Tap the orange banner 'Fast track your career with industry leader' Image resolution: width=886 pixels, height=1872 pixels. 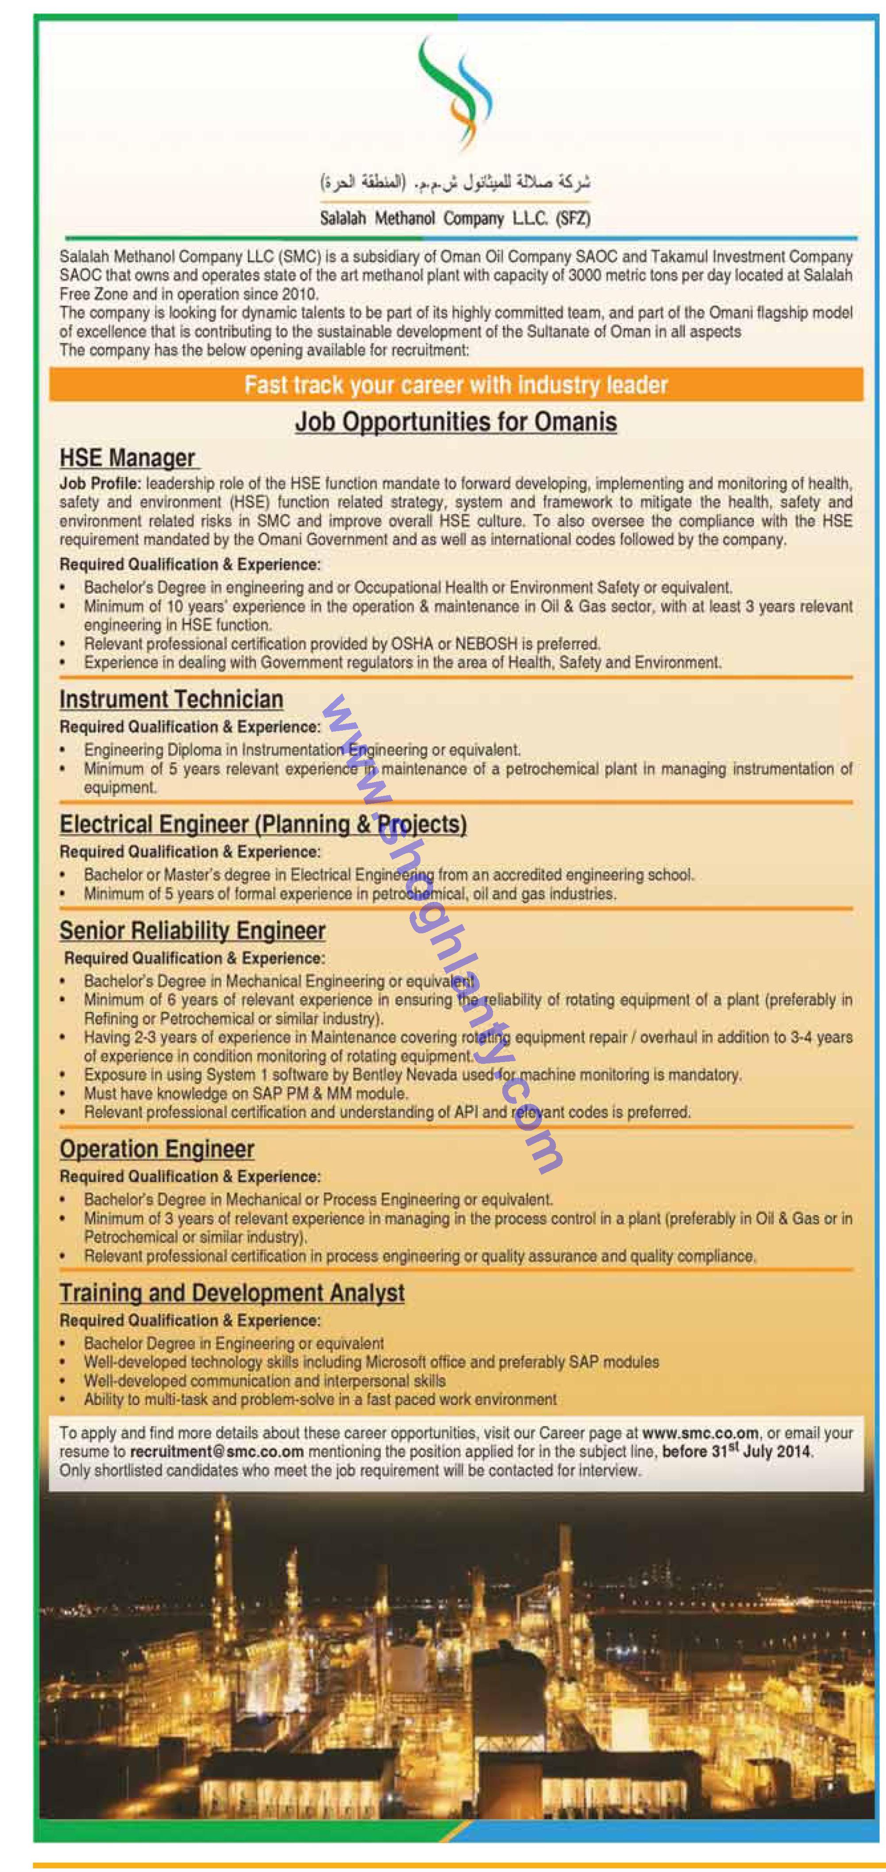[456, 385]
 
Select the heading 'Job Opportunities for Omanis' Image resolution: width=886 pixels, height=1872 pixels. [456, 422]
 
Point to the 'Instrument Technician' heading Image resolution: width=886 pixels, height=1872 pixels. [172, 699]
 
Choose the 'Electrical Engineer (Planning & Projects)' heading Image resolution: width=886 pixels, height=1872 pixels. [263, 824]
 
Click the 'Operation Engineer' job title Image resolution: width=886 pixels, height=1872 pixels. [157, 1149]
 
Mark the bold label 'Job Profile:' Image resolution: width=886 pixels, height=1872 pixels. [100, 483]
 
